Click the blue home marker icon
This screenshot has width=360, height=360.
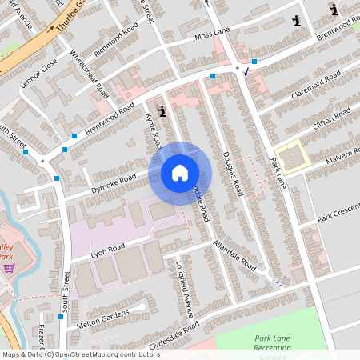[x=180, y=173]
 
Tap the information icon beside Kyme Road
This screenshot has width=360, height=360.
[x=162, y=111]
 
